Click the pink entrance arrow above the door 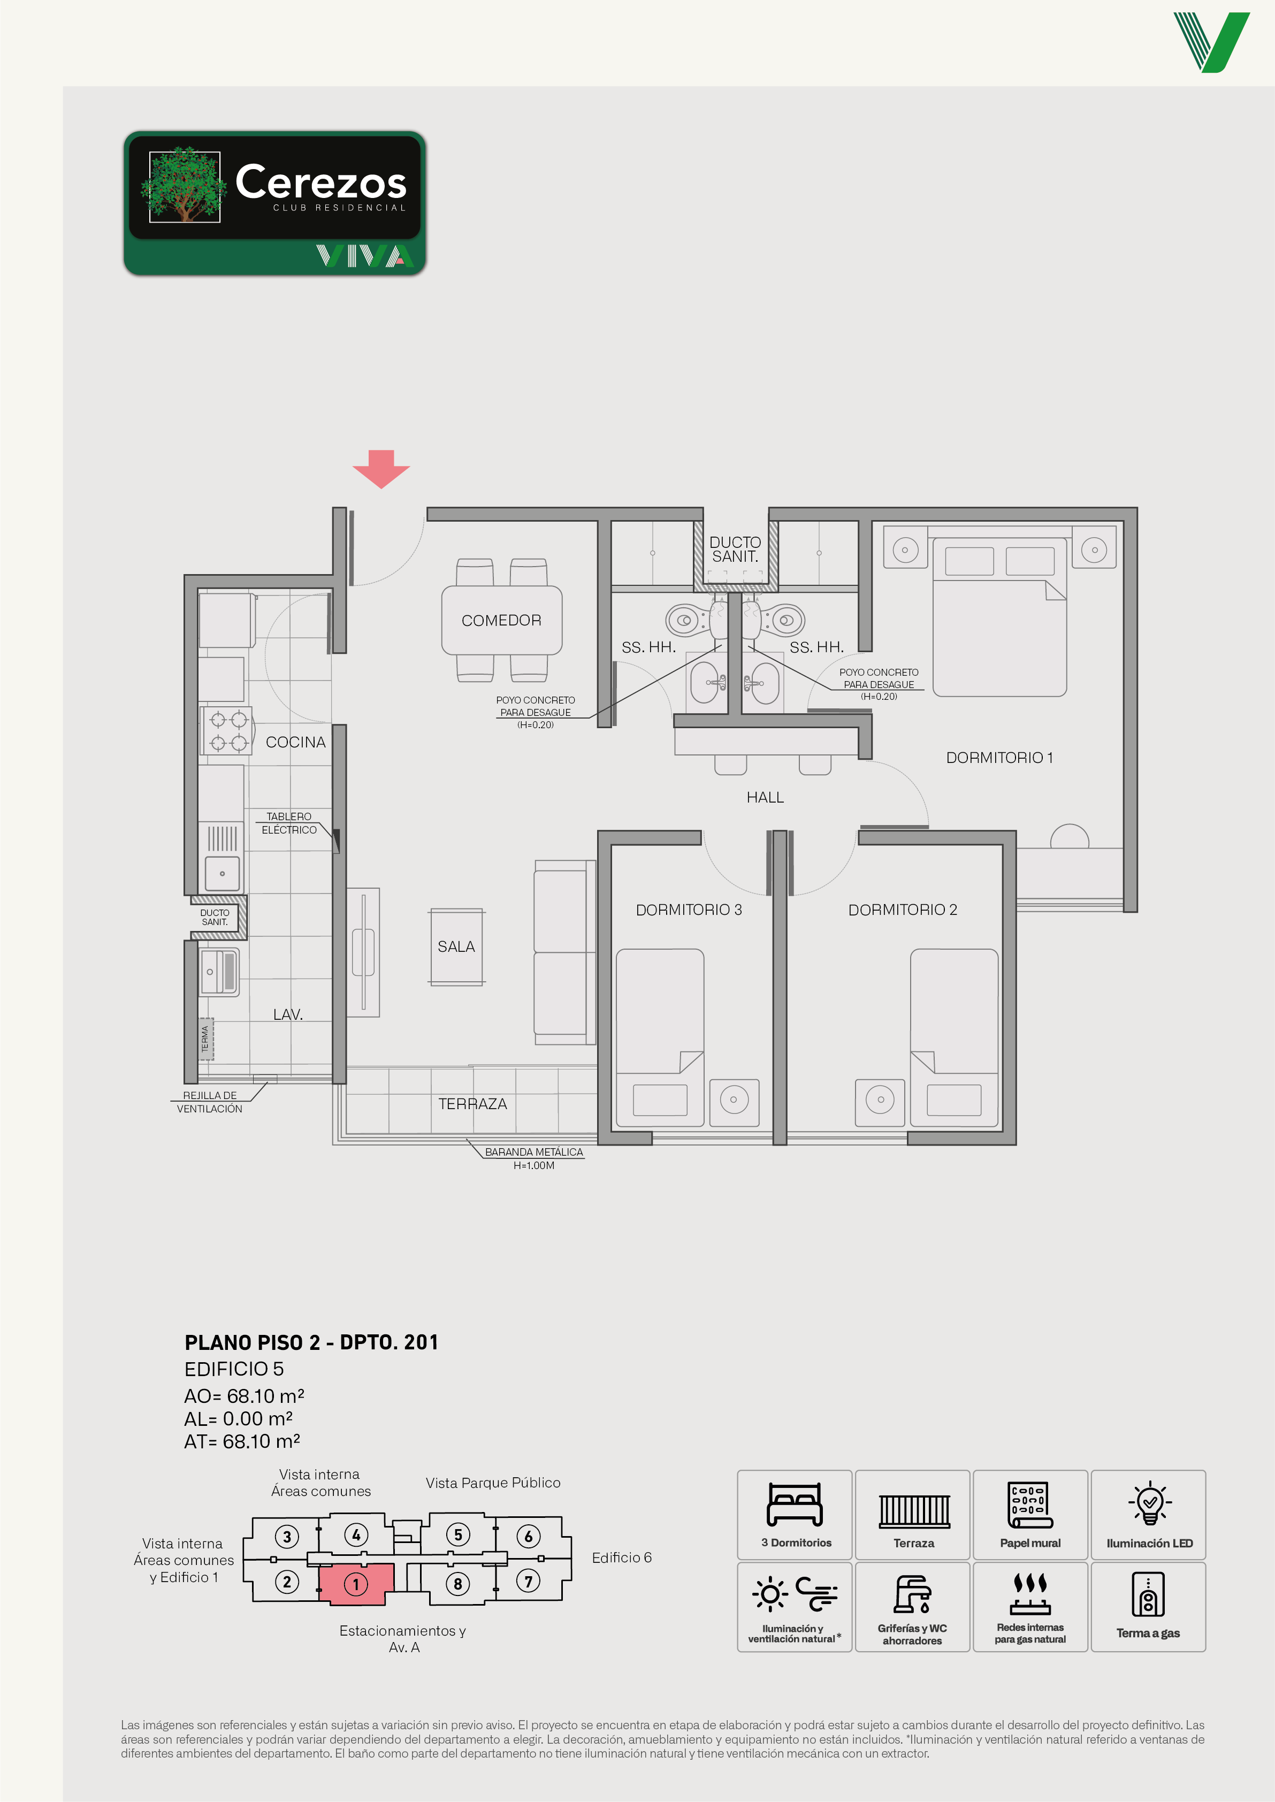[x=381, y=469]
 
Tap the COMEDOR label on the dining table [x=501, y=620]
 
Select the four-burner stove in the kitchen [x=227, y=730]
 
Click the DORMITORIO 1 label [x=998, y=758]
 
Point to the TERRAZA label [x=472, y=1104]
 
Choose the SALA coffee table [x=456, y=946]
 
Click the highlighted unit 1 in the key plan [x=356, y=1583]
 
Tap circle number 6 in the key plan [x=529, y=1536]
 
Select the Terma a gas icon [x=1148, y=1594]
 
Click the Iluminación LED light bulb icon [x=1149, y=1503]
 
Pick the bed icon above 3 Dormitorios [x=794, y=1505]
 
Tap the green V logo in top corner [x=1211, y=42]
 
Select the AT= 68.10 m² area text [x=242, y=1441]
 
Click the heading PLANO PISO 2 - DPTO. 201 [x=311, y=1342]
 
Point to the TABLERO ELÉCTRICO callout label [x=289, y=823]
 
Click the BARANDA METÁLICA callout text [x=534, y=1152]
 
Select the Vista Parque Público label [x=493, y=1483]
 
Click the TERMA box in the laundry [x=205, y=1039]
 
